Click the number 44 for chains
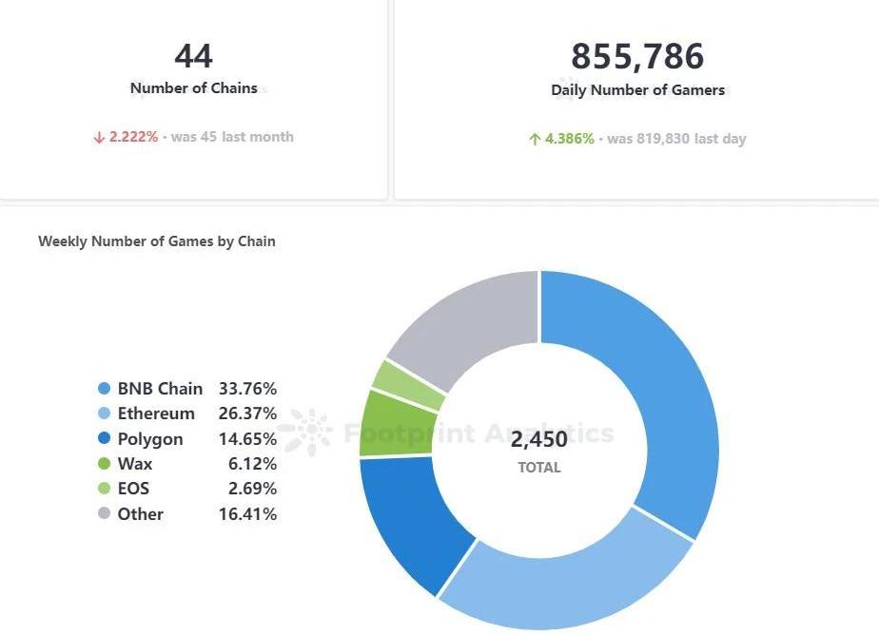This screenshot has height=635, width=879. coord(194,56)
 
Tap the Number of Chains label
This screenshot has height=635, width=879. coord(194,88)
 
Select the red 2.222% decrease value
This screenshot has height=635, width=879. coord(133,137)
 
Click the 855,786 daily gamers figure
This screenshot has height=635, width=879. coord(637,57)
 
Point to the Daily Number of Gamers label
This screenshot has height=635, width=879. coord(637,90)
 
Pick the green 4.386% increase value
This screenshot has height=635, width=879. coord(569,139)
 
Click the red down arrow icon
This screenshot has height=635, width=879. coord(98,137)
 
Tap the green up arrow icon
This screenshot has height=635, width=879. coord(535,139)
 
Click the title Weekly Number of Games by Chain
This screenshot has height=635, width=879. coord(157,241)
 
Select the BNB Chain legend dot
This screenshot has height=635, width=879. coord(105,389)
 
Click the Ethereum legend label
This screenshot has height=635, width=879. coord(156,414)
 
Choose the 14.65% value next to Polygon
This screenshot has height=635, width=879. coord(247,439)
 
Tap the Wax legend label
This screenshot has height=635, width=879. coord(135,464)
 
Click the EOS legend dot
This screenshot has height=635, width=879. coord(105,489)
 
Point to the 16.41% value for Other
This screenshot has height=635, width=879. coord(247,514)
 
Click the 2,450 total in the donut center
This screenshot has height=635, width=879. coord(538,439)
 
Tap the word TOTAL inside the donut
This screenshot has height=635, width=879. coord(539,468)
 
